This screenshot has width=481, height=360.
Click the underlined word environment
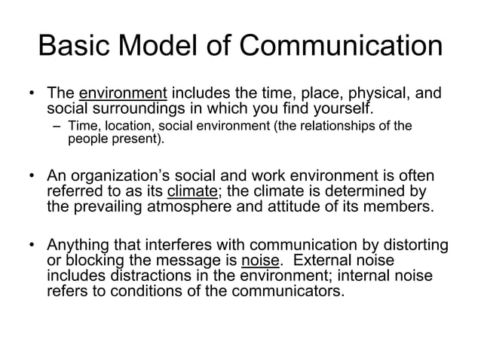click(123, 95)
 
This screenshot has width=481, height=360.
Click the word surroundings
click(131, 109)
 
